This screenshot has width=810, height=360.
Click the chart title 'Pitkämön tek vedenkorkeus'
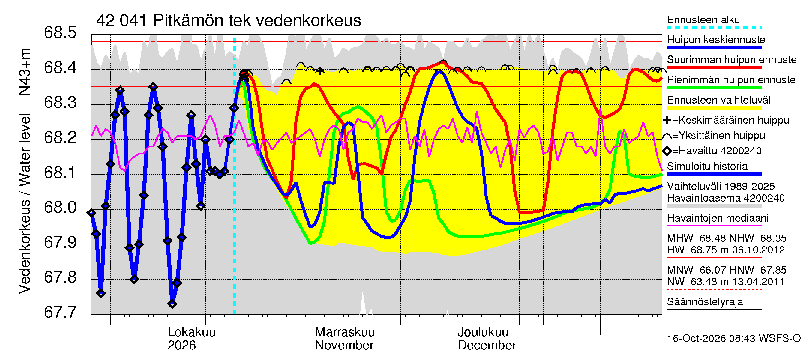tap(257, 21)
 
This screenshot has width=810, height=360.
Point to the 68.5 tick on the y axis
tap(60, 32)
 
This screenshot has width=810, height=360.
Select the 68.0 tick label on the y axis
tap(60, 207)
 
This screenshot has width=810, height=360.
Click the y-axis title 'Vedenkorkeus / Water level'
tap(25, 204)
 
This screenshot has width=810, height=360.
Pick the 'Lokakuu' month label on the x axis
tap(191, 332)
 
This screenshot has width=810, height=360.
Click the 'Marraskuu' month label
tap(345, 332)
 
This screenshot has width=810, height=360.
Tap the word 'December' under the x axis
tap(487, 345)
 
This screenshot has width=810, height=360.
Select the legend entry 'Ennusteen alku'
tap(703, 20)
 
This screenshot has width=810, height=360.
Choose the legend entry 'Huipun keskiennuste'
tap(716, 40)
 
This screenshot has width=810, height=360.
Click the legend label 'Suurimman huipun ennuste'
tap(732, 60)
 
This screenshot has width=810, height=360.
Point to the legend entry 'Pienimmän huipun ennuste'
tap(731, 80)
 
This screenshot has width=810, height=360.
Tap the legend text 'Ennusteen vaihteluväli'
tap(720, 100)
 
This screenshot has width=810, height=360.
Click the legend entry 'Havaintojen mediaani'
tap(718, 218)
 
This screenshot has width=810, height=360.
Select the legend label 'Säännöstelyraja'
tap(705, 302)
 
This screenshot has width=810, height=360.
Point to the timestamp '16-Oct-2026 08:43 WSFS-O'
tap(734, 338)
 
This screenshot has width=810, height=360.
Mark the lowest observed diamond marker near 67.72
tap(172, 304)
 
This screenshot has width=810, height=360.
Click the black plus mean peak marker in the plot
tap(320, 71)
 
